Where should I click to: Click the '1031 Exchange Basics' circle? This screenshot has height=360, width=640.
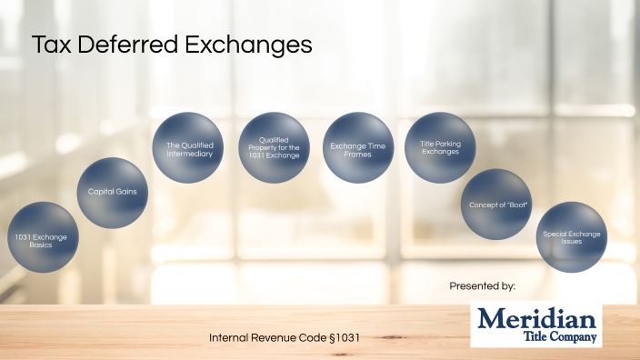(41, 238)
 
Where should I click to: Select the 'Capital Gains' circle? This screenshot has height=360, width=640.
(112, 193)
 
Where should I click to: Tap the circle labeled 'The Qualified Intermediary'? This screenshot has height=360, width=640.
(189, 148)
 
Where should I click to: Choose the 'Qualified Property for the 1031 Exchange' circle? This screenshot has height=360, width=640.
(274, 148)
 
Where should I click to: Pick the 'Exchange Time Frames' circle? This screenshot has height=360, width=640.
(357, 146)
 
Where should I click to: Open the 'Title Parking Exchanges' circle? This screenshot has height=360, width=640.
(439, 146)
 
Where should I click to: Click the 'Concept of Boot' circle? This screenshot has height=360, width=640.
(496, 204)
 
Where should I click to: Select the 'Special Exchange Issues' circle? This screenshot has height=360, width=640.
(572, 237)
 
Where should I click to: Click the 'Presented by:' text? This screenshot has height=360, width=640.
(483, 286)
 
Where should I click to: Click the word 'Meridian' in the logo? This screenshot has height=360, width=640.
(537, 318)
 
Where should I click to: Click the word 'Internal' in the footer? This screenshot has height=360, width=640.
(230, 337)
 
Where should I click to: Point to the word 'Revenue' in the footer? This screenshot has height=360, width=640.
(275, 337)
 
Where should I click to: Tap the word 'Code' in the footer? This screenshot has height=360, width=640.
(315, 337)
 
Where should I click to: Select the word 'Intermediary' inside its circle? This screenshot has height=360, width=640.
(189, 154)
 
